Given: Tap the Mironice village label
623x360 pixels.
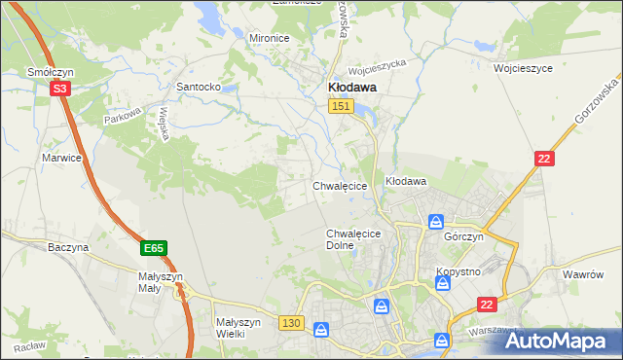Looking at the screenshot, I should point(270,38).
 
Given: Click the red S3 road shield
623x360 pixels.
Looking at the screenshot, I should point(61,89).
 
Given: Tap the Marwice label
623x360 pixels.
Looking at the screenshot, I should point(59,157).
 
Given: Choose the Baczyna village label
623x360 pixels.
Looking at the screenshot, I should point(68,248).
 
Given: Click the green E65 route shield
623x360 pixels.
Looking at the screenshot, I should point(153,249).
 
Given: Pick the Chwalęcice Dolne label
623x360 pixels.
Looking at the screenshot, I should point(351,239).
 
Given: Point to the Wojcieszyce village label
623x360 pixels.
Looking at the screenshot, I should point(523,70).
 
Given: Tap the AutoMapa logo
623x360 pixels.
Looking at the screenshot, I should point(558,342).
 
